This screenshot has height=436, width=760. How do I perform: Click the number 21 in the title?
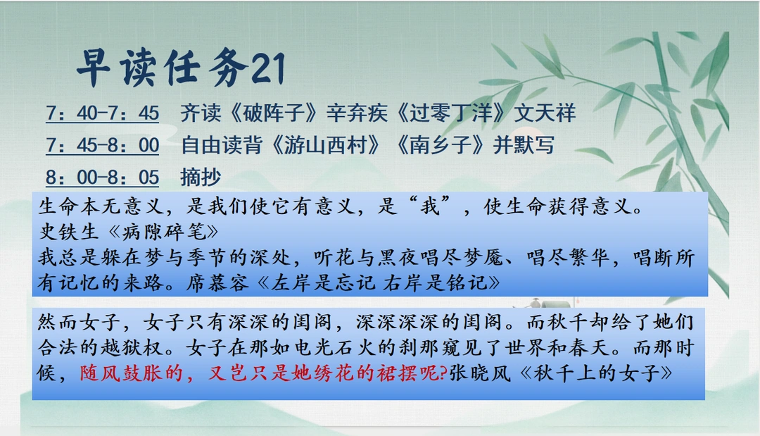click(x=268, y=68)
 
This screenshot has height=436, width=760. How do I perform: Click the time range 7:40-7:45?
click(x=102, y=113)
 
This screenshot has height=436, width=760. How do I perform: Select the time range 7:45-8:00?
click(x=102, y=145)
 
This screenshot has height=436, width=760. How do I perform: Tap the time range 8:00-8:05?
click(x=102, y=177)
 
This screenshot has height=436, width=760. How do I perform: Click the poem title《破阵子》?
click(x=273, y=113)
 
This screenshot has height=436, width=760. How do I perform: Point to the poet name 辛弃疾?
click(x=357, y=113)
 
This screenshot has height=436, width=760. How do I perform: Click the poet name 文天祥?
click(x=545, y=113)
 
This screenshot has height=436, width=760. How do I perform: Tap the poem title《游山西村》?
click(x=326, y=145)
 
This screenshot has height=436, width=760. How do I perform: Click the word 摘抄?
click(x=201, y=177)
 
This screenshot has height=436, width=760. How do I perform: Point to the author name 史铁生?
click(x=69, y=232)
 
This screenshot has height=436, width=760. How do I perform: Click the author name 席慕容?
click(x=217, y=282)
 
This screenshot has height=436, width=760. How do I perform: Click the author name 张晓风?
click(x=480, y=373)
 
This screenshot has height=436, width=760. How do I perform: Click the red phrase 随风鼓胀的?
click(x=132, y=373)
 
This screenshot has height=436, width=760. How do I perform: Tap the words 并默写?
click(x=524, y=145)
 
